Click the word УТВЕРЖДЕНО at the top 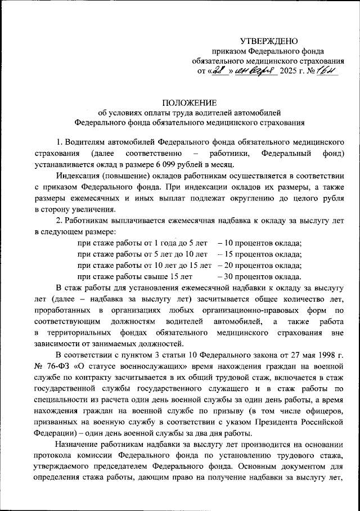[x=268, y=41]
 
